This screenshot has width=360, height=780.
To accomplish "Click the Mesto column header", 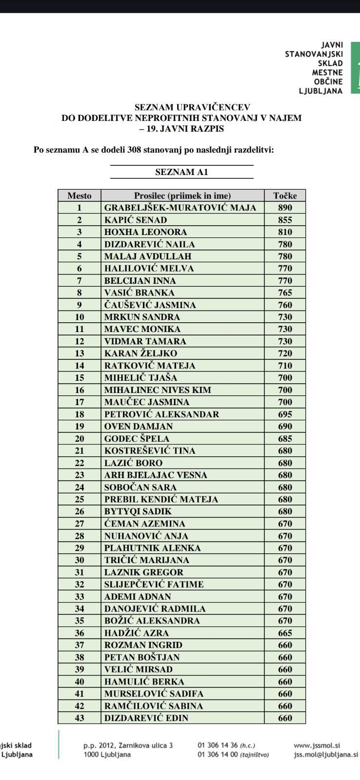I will click(x=79, y=195).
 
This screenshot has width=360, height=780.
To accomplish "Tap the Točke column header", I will click(x=285, y=195).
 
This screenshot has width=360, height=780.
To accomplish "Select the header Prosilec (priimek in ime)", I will click(x=182, y=195).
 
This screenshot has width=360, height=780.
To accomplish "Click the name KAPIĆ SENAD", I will click(x=136, y=220).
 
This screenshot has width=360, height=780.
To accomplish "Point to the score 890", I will click(x=285, y=208).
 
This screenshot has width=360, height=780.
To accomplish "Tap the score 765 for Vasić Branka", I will click(x=285, y=292).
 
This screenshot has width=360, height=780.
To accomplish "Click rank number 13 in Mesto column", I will click(x=79, y=353).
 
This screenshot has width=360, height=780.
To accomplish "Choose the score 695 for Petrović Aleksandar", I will click(x=285, y=414).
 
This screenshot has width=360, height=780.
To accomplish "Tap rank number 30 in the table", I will click(x=79, y=560).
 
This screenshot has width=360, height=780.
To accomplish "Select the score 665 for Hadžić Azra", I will click(x=285, y=633).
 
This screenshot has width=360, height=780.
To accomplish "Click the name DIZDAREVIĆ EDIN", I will click(x=146, y=718).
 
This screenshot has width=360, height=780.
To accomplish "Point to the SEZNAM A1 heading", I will click(x=181, y=172).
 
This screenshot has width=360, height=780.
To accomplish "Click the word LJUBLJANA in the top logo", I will click(x=320, y=91).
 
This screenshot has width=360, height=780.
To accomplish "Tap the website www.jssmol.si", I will click(x=317, y=745).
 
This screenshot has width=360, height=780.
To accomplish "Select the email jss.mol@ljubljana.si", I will click(x=325, y=754).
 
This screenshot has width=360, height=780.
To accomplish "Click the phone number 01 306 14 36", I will click(x=218, y=745).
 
